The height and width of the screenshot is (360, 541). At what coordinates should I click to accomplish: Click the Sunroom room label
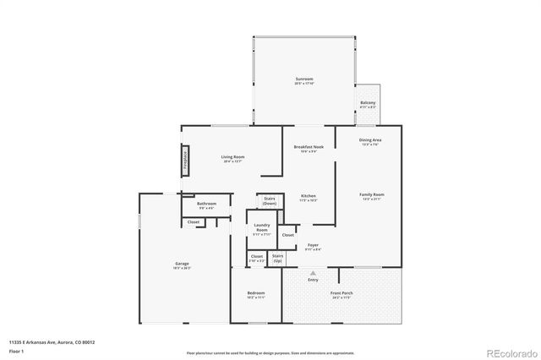coord(304,79)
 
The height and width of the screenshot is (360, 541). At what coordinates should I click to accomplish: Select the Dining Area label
coord(369,141)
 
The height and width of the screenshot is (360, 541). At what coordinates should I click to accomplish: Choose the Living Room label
coord(232,158)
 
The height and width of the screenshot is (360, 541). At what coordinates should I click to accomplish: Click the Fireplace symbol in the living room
coord(185,161)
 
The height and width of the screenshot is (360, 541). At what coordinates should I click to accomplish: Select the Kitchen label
coord(308,198)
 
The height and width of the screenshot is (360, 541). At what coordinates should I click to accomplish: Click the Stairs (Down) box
coord(269,201)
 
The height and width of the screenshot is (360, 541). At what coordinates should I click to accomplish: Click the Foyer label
coord(313,247)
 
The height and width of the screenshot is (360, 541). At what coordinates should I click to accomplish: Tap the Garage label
coord(182,265)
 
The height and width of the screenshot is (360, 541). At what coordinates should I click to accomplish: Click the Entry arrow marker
coord(314,274)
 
